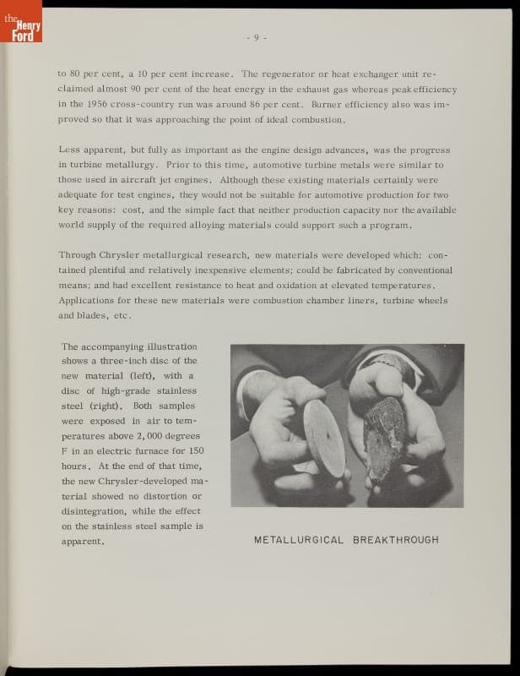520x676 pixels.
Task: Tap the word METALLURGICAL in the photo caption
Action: tap(299, 540)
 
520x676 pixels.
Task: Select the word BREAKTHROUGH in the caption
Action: tap(396, 540)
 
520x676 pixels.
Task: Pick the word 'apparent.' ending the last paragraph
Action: tap(83, 541)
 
